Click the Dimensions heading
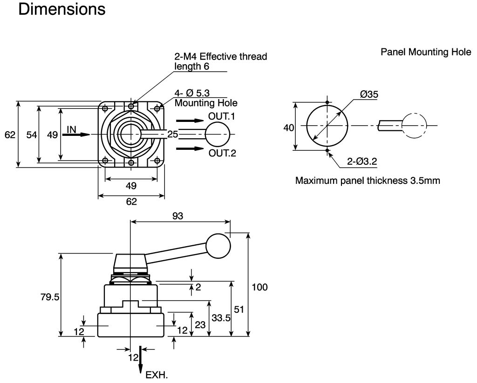(x=62, y=9)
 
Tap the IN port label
(x=71, y=130)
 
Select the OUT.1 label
(x=222, y=116)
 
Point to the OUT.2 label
(x=222, y=153)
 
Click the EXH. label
(x=157, y=375)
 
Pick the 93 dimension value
(x=177, y=216)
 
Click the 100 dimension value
(x=259, y=287)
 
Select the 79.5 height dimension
(x=50, y=296)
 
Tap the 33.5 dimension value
(x=221, y=318)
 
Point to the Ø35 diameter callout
(x=369, y=94)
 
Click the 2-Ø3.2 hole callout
(x=362, y=161)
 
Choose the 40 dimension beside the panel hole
(x=289, y=128)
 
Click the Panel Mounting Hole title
(x=426, y=52)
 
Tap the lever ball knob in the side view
(x=218, y=246)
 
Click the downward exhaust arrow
(x=140, y=360)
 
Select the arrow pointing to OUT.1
(x=190, y=121)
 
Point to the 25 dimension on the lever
(x=173, y=134)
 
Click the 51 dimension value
(x=239, y=309)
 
